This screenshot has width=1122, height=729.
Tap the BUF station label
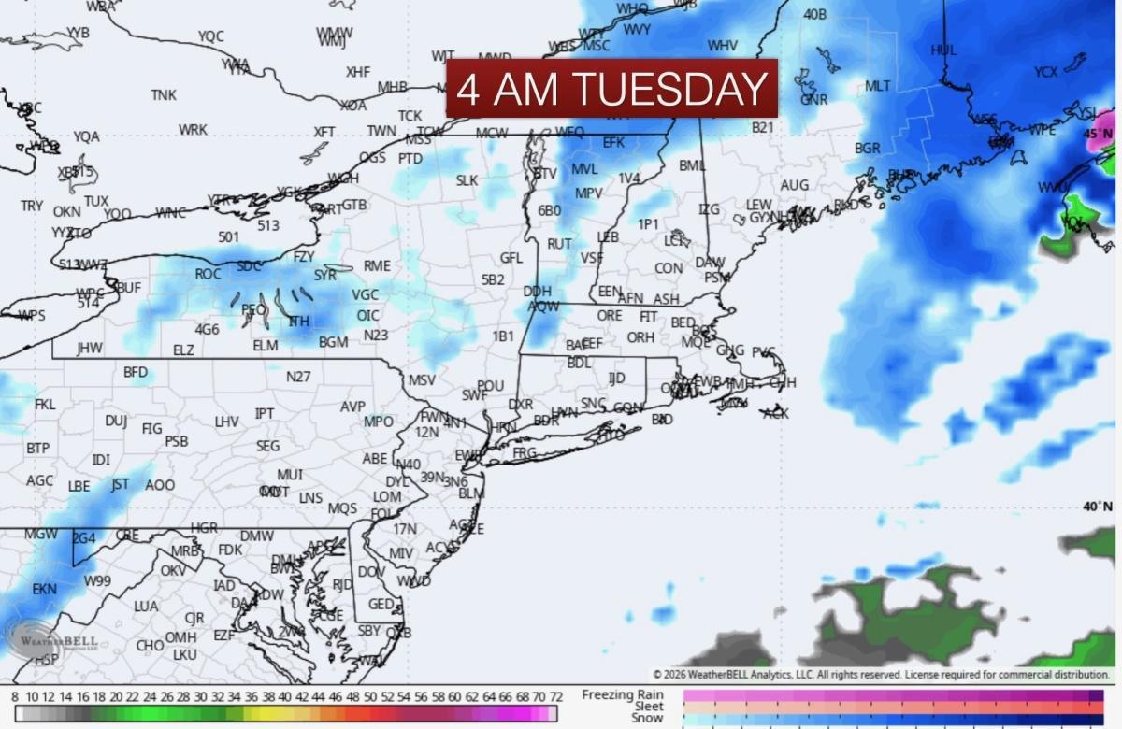(x=129, y=288)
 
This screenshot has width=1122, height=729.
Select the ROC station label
(x=208, y=274)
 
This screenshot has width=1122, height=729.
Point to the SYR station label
(x=324, y=275)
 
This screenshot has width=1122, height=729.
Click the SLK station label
(x=467, y=180)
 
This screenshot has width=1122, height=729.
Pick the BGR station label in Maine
(x=868, y=148)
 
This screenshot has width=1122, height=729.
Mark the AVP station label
(x=352, y=407)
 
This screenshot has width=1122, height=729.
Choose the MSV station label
(x=422, y=380)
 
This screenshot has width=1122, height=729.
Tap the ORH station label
(x=640, y=337)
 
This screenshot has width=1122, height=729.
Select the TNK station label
(x=164, y=95)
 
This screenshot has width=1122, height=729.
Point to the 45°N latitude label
(x=1099, y=134)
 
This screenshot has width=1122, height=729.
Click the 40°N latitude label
(x=1098, y=507)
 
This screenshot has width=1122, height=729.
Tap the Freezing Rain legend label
(x=623, y=695)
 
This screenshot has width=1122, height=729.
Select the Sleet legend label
(x=648, y=707)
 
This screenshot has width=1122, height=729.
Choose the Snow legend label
(x=647, y=718)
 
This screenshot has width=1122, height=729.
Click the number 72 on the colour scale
(x=554, y=697)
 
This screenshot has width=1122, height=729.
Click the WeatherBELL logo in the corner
(x=52, y=642)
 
